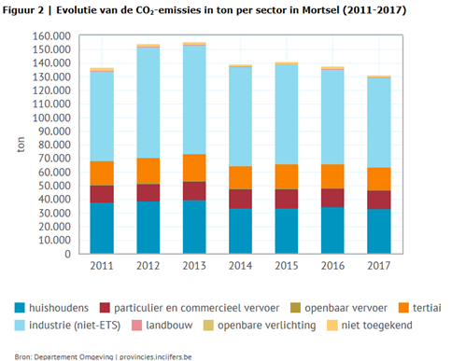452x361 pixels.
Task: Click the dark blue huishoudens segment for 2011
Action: pos(102,228)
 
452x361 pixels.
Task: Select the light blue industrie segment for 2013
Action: pos(194,100)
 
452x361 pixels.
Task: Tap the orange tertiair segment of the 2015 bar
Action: pos(287,176)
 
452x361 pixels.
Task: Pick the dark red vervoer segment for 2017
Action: pos(379,200)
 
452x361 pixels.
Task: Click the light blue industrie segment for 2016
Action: pos(332,117)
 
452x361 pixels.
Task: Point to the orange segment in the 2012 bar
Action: pos(148,171)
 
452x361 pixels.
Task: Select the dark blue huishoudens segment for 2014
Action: pos(240,230)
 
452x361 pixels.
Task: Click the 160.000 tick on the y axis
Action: pos(51,36)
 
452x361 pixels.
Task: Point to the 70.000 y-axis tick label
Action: pos(54,159)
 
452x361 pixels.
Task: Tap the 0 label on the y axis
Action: pos(68,254)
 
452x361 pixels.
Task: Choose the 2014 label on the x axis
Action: pos(240,266)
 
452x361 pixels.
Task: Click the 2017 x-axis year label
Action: pos(379,266)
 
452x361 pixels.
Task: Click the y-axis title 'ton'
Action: pos(21,145)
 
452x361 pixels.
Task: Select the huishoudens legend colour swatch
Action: pos(20,308)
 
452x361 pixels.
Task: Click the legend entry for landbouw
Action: pos(162,326)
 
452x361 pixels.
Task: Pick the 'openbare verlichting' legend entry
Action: pos(260,326)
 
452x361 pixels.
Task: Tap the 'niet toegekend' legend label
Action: pos(376,326)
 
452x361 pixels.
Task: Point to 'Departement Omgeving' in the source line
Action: pos(74,356)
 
